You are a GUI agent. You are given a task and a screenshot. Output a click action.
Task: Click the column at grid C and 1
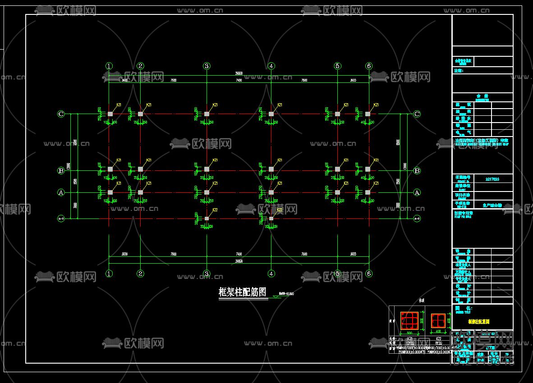pyautogui.click(x=110, y=114)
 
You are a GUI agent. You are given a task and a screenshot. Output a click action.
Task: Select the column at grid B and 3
pyautogui.click(x=207, y=169)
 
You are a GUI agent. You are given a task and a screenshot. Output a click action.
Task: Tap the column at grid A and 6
pyautogui.click(x=368, y=192)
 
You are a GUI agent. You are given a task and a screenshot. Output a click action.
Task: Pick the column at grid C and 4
pyautogui.click(x=271, y=114)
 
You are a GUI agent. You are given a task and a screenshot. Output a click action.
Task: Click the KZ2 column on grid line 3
pyautogui.click(x=207, y=219)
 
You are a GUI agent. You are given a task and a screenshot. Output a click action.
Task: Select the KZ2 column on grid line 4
pyautogui.click(x=271, y=219)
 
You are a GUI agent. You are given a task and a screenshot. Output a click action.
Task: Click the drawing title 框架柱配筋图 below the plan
pyautogui.click(x=243, y=292)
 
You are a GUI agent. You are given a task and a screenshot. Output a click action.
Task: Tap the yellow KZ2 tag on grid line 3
pyautogui.click(x=215, y=210)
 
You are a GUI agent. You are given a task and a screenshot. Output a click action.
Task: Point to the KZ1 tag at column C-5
pyautogui.click(x=346, y=105)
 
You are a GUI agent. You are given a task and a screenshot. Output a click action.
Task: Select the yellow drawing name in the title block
pyautogui.click(x=478, y=322)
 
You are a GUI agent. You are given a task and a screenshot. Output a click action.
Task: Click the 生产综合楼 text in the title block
pyautogui.click(x=492, y=205)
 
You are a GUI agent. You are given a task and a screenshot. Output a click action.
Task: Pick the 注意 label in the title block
pyautogui.click(x=458, y=71)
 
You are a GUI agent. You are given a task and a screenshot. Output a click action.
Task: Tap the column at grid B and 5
pyautogui.click(x=337, y=169)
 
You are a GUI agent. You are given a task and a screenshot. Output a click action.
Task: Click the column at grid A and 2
pyautogui.click(x=140, y=192)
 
